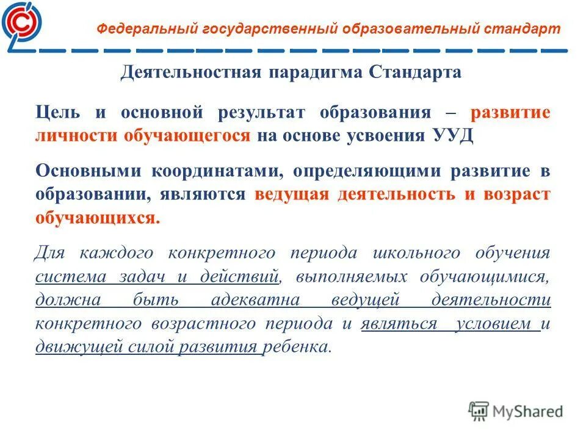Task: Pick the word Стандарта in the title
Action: click(415, 73)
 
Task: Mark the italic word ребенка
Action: click(298, 348)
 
